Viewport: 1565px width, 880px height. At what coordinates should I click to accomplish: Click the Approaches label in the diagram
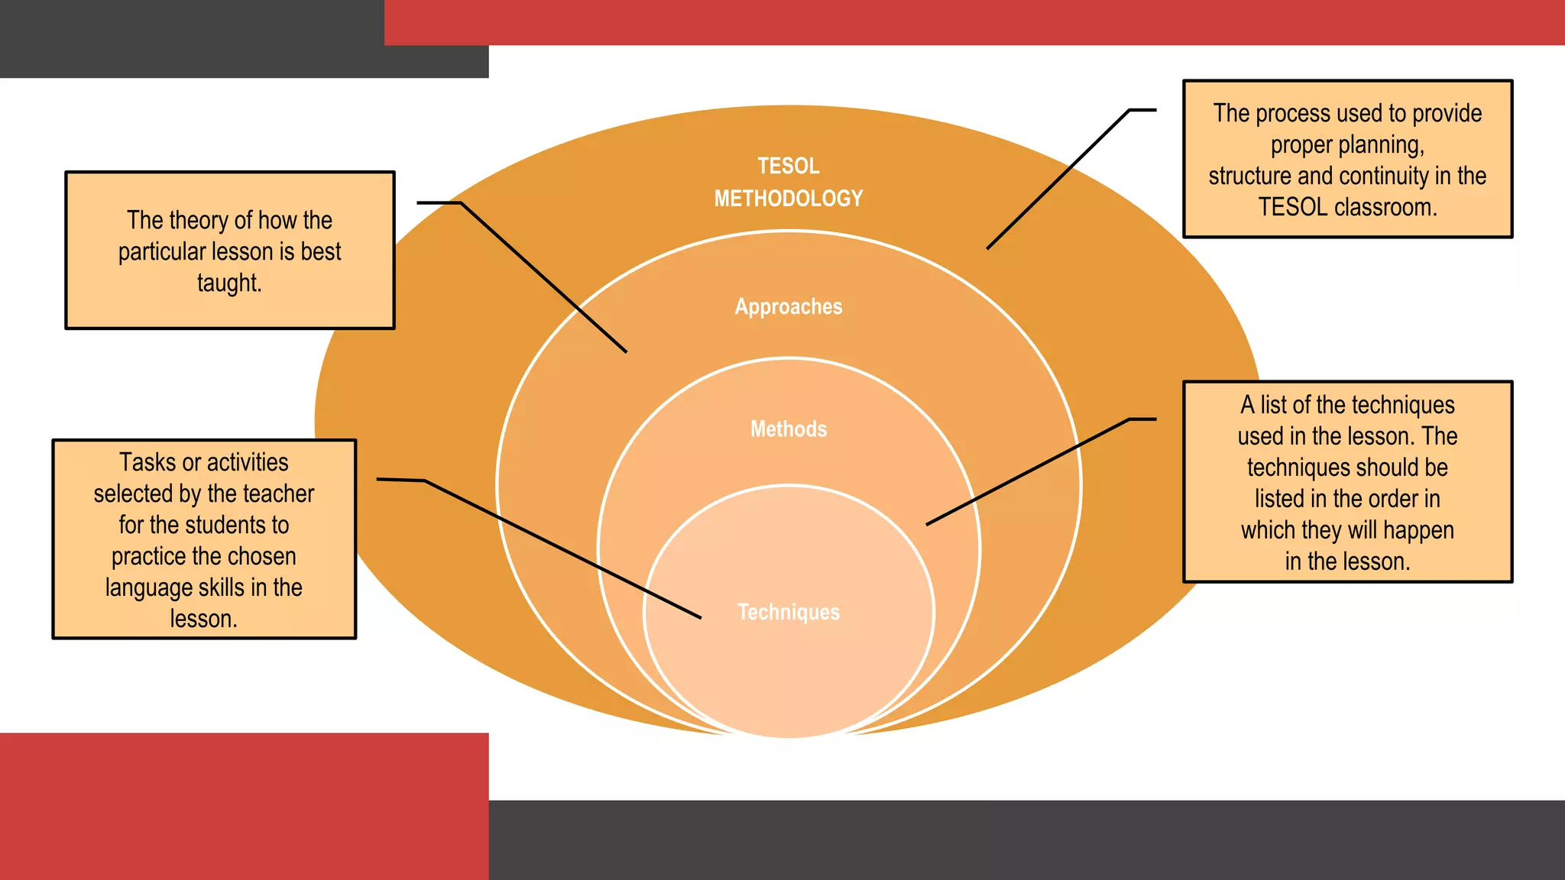pyautogui.click(x=788, y=306)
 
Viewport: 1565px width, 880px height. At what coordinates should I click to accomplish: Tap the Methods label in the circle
pyautogui.click(x=788, y=429)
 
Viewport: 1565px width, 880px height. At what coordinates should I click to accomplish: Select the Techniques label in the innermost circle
pyautogui.click(x=788, y=612)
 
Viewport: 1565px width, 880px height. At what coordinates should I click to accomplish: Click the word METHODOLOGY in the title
pyautogui.click(x=788, y=199)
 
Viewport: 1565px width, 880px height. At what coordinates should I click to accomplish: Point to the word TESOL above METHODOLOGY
pyautogui.click(x=788, y=166)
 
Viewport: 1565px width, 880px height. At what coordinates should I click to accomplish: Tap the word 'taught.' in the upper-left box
pyautogui.click(x=229, y=283)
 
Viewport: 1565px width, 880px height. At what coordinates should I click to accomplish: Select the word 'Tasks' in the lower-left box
pyautogui.click(x=148, y=462)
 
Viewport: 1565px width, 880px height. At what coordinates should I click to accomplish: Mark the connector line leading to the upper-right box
pyautogui.click(x=1058, y=180)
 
